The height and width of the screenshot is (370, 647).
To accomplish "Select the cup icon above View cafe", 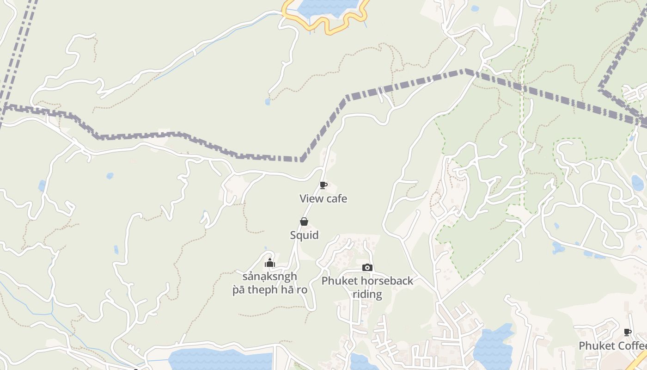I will [x=323, y=185].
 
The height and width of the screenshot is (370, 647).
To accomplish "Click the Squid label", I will [x=304, y=235].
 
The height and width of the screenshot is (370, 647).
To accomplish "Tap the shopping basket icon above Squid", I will [x=304, y=222].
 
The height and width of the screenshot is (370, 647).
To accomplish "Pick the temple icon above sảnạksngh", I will [x=270, y=263].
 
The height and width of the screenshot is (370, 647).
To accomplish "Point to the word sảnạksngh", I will [x=269, y=277].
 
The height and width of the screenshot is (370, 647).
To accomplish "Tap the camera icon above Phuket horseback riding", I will [x=367, y=267].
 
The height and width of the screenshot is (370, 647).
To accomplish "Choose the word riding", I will [x=367, y=295].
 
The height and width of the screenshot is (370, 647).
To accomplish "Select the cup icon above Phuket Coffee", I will [x=628, y=332].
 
